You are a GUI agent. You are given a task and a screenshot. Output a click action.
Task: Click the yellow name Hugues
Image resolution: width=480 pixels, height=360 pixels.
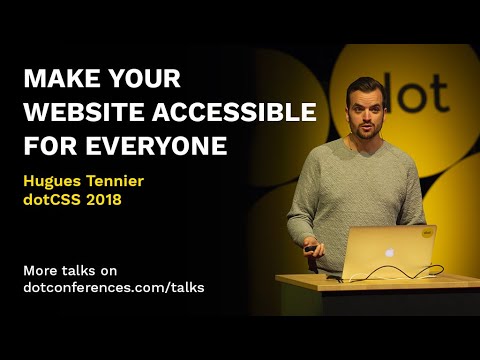(53, 182)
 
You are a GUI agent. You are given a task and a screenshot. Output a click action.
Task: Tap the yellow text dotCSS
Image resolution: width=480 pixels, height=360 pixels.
(54, 201)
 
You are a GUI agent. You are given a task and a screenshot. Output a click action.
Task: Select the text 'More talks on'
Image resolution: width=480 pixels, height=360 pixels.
(69, 269)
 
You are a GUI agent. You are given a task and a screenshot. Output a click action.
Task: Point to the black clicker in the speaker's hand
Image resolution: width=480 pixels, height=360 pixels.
(312, 249)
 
